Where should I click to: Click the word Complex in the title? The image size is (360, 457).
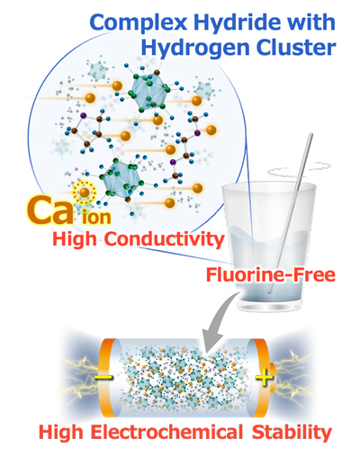coord(139,23)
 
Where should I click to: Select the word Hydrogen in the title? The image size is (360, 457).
coord(195,49)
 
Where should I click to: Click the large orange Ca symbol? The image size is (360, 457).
coord(50,210)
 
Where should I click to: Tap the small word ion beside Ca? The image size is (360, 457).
coord(96,217)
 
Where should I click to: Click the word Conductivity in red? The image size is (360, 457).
coord(165,240)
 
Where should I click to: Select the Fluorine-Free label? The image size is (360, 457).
coord(271,274)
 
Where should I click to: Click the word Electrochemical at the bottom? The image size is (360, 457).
coord(166,433)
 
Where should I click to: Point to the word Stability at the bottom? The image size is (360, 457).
coord(292,433)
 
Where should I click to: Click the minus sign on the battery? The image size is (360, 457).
coord(103,377)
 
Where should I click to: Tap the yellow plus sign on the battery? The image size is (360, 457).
coord(264,377)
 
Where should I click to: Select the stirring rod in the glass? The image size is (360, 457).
coord(290,213)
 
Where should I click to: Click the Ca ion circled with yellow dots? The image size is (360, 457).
coord(85,193)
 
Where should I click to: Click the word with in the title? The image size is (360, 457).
coord(314,22)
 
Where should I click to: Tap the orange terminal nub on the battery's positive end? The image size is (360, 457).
coord(272,377)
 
